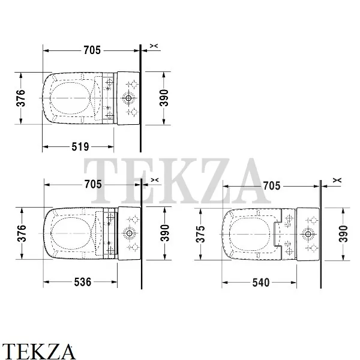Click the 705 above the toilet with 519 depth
click(92, 50)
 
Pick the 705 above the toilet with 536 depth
click(92, 184)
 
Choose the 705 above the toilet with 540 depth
click(271, 185)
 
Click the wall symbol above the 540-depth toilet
click(337, 179)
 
